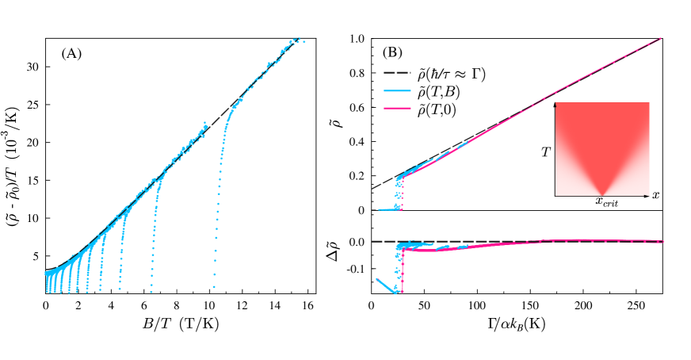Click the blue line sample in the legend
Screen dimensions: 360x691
point(397,90)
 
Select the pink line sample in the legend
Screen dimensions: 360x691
point(397,108)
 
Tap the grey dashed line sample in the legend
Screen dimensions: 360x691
point(397,72)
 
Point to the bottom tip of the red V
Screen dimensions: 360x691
point(602,194)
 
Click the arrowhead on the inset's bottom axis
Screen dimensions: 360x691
point(648,196)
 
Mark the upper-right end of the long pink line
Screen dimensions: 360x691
point(660,38)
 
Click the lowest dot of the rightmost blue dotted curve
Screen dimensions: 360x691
point(214,286)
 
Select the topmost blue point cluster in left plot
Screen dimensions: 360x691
point(296,40)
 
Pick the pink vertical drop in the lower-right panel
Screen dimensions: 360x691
point(403,270)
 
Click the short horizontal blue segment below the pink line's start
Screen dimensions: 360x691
point(389,209)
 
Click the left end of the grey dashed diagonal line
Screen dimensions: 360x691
point(373,189)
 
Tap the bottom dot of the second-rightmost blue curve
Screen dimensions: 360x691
point(151,290)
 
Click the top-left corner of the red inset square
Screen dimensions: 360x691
point(555,103)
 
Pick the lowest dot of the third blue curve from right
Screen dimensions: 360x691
point(120,289)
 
